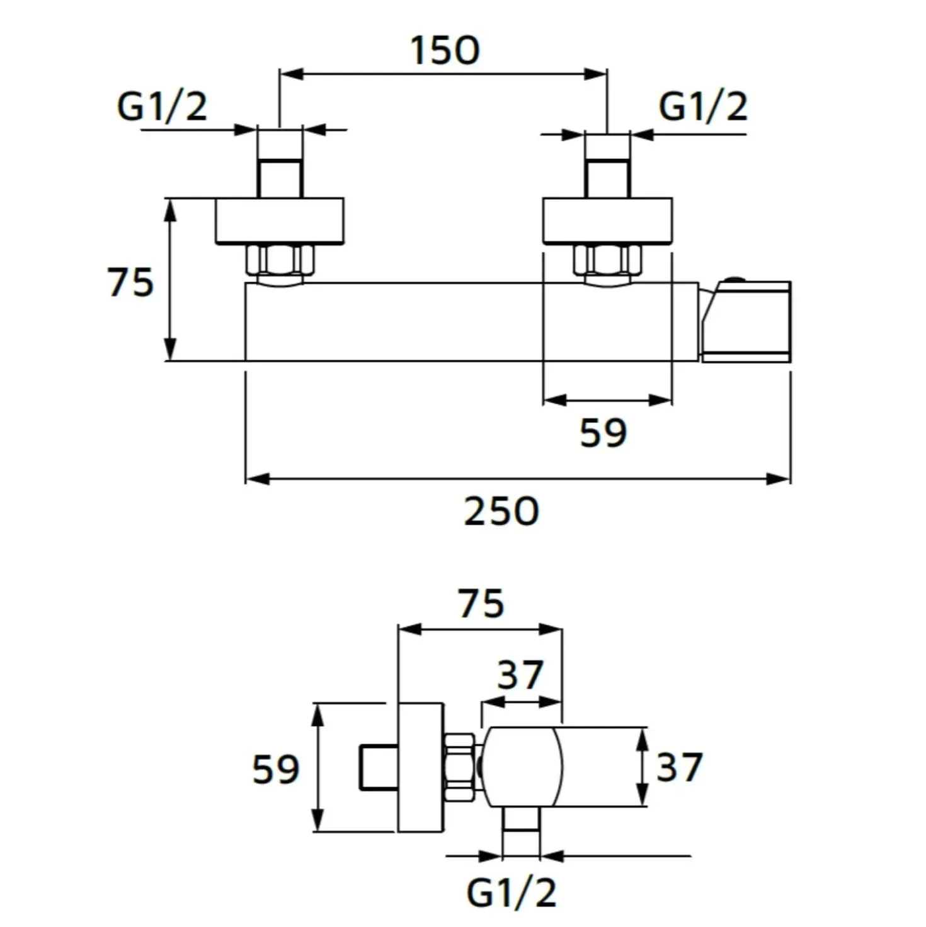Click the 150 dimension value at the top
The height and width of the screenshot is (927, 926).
tap(445, 50)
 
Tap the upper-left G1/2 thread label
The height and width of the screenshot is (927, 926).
tap(162, 107)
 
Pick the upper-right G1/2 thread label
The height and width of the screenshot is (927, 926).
tap(703, 107)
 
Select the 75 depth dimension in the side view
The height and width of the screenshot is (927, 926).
tap(481, 604)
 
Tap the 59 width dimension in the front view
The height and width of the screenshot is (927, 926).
tap(603, 433)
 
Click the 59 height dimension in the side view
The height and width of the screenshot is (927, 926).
tap(276, 769)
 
